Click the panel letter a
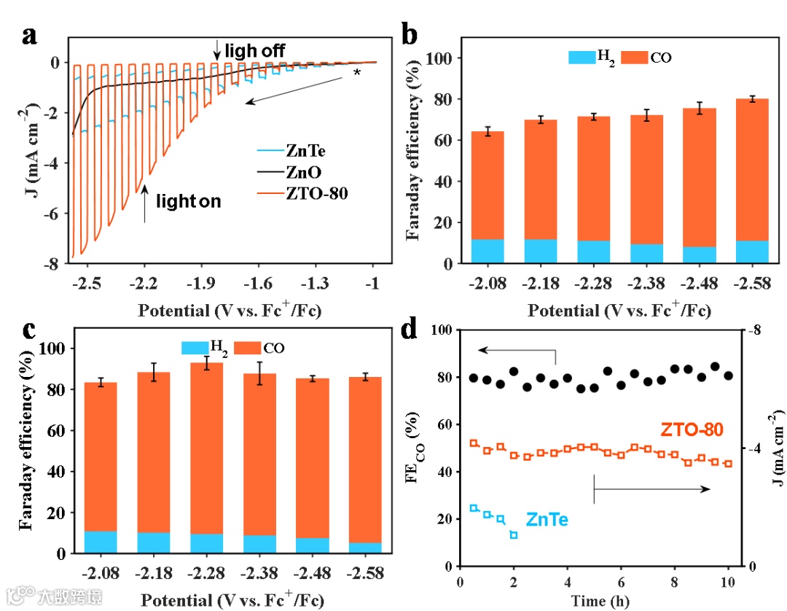click(30, 36)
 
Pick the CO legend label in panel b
click(661, 58)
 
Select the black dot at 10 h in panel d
click(728, 376)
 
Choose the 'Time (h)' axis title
click(600, 601)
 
